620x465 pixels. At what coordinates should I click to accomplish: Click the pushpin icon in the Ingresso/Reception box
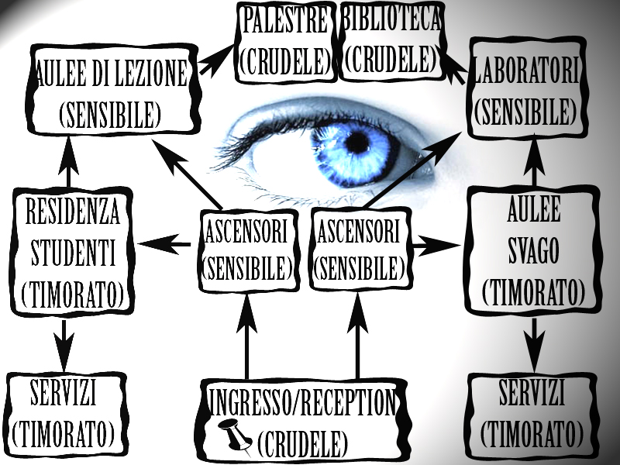(x=235, y=436)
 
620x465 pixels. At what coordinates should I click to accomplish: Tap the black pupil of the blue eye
(x=357, y=142)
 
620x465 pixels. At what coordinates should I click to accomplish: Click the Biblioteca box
(x=391, y=41)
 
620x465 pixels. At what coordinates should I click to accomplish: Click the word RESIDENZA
(x=72, y=212)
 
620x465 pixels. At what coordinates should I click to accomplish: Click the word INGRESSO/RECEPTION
(x=303, y=402)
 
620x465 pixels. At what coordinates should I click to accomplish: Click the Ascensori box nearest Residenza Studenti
(x=247, y=250)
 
